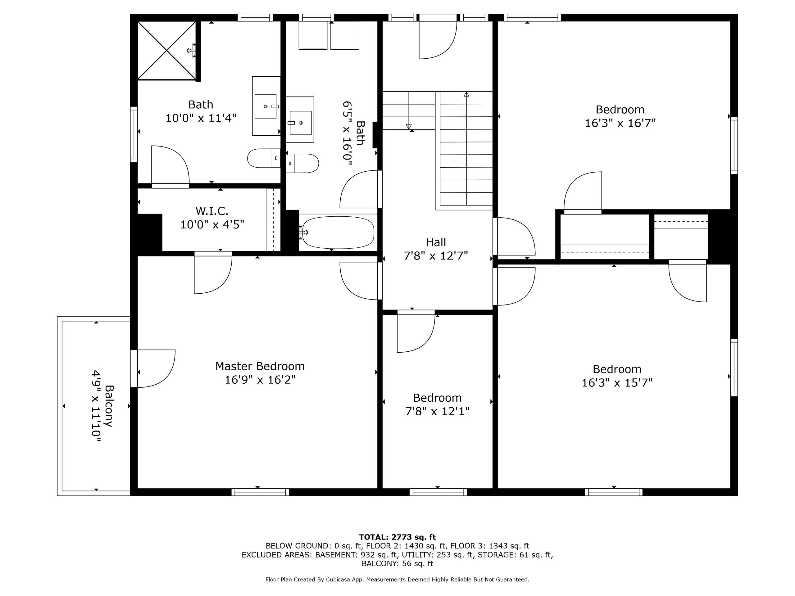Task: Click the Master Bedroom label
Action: [x=260, y=366]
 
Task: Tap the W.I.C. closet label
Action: [x=212, y=210]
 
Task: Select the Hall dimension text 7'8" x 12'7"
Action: [x=436, y=256]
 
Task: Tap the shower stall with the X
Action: [x=167, y=50]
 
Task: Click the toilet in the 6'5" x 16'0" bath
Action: [x=302, y=164]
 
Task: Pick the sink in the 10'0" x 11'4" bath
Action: [x=266, y=106]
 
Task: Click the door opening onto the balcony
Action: [x=153, y=368]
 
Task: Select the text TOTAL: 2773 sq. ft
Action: [x=397, y=537]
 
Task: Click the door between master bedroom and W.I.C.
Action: [x=213, y=273]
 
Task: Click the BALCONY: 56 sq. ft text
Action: [x=397, y=564]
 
